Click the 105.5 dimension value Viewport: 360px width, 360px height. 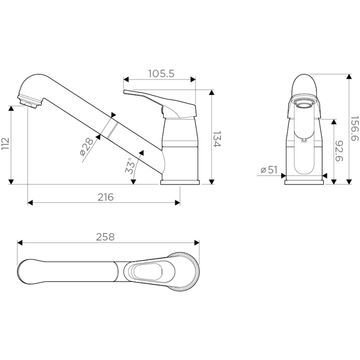(x=161, y=73)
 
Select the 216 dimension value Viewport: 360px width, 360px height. (x=105, y=197)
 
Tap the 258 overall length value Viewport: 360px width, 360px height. (x=105, y=237)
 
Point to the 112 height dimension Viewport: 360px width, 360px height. (x=5, y=143)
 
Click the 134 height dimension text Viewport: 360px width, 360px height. (x=216, y=139)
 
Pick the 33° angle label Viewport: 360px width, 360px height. (x=130, y=165)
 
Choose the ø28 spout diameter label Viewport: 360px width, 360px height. (x=86, y=146)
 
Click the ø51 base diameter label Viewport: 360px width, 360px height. (x=269, y=170)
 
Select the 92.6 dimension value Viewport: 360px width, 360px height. (x=339, y=151)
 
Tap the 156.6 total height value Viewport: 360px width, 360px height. (x=354, y=128)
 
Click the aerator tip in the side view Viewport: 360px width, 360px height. (x=29, y=101)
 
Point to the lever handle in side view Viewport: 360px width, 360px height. (x=160, y=104)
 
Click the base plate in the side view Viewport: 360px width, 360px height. (x=180, y=182)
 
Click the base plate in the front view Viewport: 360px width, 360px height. (x=304, y=182)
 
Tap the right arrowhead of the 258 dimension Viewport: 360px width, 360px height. (x=197, y=242)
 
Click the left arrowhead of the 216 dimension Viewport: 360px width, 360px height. (x=30, y=202)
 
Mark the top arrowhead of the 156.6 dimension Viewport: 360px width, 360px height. (x=349, y=76)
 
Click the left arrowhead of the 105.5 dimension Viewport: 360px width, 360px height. (x=126, y=79)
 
